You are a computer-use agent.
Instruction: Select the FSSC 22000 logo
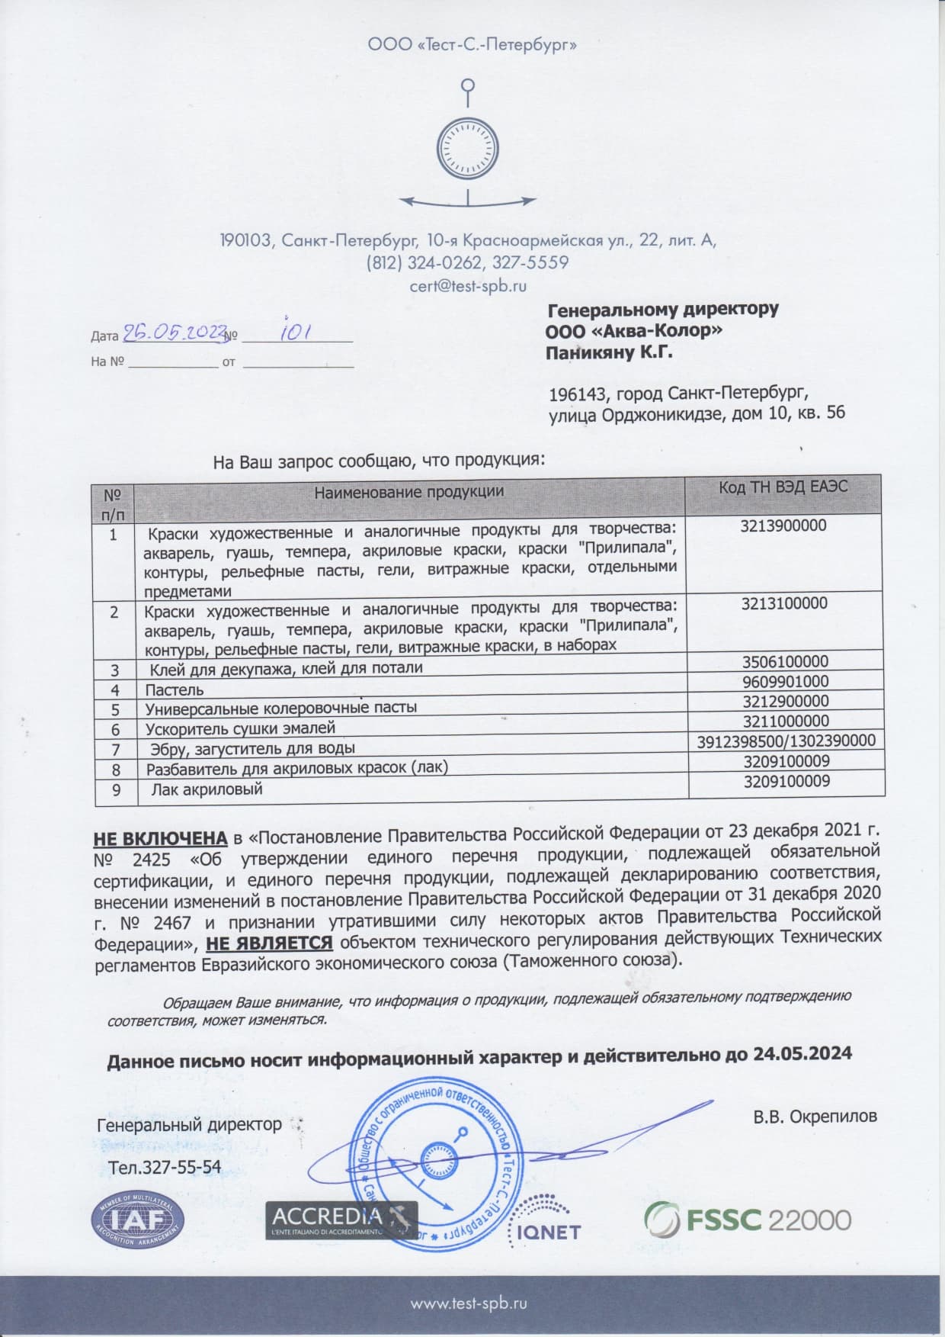coord(748,1218)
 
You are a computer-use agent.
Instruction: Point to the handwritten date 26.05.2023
coord(175,332)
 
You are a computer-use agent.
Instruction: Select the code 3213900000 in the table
coord(783,525)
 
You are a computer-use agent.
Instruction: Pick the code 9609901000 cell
coord(785,681)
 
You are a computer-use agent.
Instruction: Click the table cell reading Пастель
coord(175,690)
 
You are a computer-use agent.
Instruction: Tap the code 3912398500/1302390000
coord(786,741)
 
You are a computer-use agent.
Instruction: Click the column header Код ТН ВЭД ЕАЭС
coord(783,487)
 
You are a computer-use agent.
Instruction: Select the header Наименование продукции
coord(409,491)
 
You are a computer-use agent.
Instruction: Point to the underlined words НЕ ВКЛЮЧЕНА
coord(160,837)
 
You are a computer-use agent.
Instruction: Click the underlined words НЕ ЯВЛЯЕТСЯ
coord(270,943)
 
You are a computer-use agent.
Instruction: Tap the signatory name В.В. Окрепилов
coord(815,1116)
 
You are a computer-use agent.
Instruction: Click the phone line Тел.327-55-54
coord(165,1167)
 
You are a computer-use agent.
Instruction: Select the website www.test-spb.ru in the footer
coord(469,1303)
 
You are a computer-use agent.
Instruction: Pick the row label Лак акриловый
coord(206,789)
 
